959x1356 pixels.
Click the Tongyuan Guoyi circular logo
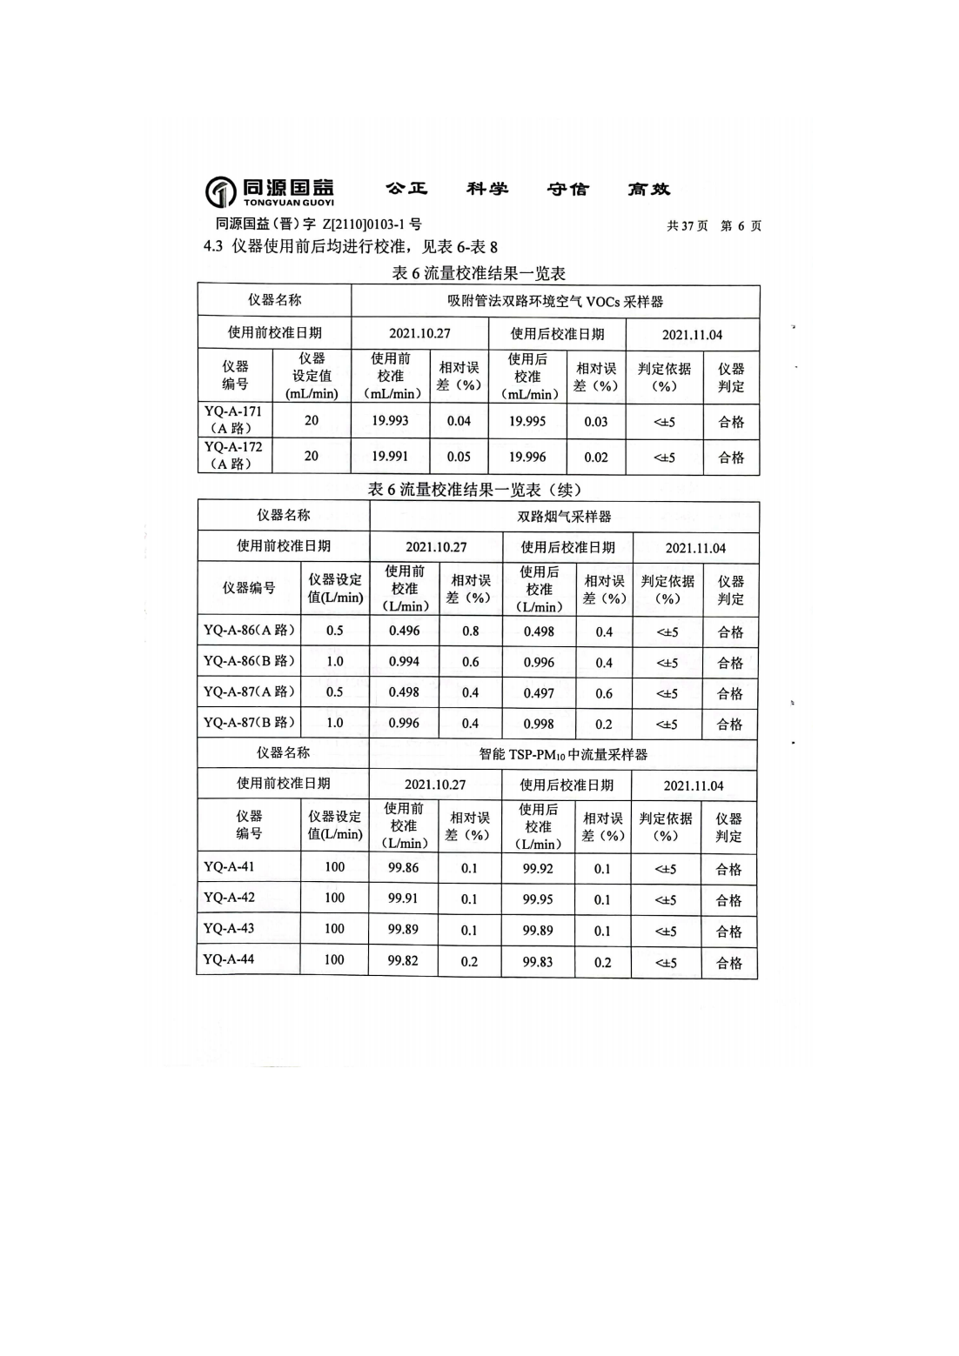(220, 191)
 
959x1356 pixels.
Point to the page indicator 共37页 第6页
(714, 226)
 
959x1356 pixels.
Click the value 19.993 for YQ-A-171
(390, 421)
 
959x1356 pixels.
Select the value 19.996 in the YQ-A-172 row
(527, 457)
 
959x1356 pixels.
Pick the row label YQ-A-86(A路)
(249, 631)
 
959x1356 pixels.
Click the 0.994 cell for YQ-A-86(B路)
(404, 662)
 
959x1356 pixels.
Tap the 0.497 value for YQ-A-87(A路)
(539, 693)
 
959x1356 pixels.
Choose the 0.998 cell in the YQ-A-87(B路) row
(539, 724)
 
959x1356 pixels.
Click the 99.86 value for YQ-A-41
(403, 868)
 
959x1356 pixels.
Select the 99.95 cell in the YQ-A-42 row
(538, 899)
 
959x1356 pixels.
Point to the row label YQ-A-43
(229, 928)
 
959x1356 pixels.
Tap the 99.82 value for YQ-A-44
(403, 961)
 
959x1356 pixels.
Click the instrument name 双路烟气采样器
(564, 517)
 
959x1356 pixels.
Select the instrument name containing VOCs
(555, 302)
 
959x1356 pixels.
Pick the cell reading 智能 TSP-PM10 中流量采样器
(563, 754)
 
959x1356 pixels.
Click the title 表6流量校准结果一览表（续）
(474, 490)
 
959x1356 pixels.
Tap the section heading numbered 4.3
(351, 247)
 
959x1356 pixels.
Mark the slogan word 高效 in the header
(648, 190)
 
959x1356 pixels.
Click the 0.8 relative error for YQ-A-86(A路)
(470, 631)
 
